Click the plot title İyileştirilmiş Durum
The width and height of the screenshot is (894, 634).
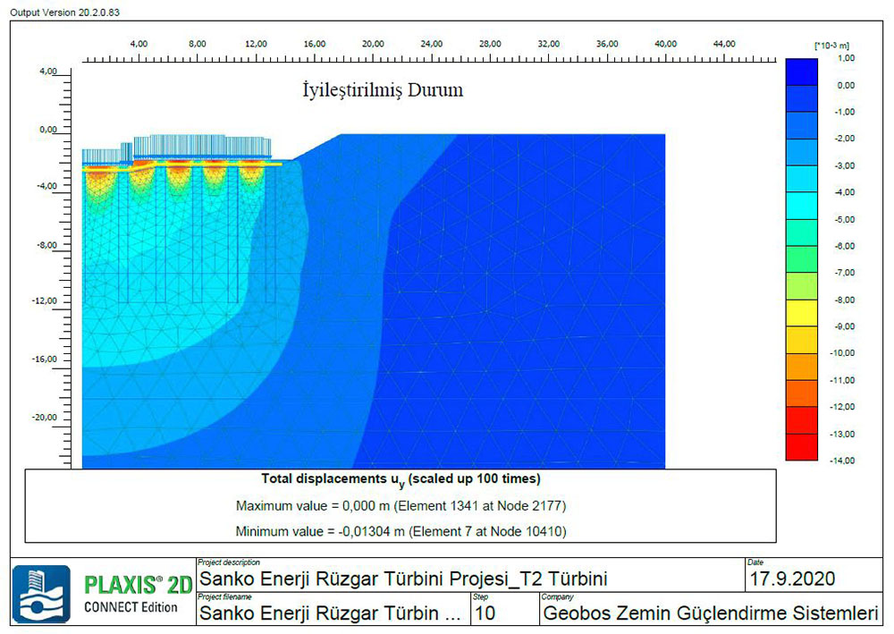[382, 91]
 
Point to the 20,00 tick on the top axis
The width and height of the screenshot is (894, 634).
[373, 44]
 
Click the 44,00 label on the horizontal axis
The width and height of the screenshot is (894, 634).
[724, 44]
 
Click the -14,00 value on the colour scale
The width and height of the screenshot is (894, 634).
[844, 461]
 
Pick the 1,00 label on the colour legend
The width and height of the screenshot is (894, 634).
[846, 58]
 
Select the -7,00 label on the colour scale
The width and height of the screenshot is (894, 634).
[844, 273]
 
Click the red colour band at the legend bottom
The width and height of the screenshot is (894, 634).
[801, 447]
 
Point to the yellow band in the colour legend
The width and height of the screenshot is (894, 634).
[801, 313]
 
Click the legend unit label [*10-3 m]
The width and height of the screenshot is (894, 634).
[832, 45]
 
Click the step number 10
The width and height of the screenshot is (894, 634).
[485, 613]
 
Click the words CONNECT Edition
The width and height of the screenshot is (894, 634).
[131, 608]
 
